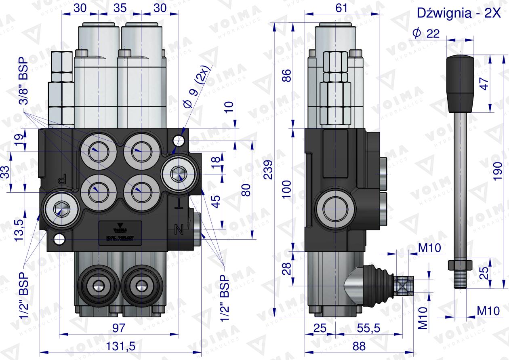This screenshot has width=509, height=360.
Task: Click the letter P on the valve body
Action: click(63, 179)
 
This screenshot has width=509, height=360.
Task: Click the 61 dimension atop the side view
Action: click(341, 8)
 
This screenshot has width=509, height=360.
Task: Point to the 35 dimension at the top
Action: click(120, 8)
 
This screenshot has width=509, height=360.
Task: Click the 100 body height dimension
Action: click(286, 189)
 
